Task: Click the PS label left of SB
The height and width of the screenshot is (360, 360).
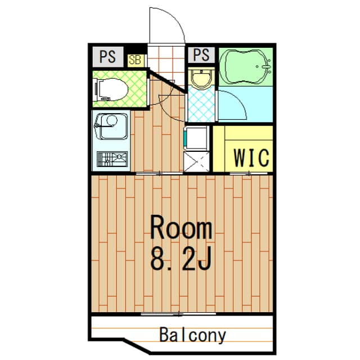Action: click(x=108, y=56)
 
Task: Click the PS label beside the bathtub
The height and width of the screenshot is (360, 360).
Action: click(x=201, y=55)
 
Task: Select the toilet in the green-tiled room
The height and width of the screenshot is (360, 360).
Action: click(x=111, y=89)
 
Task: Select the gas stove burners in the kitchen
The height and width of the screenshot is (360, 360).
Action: click(x=110, y=160)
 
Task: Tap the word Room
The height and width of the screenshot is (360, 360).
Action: click(x=182, y=229)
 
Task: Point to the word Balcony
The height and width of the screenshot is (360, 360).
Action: click(x=192, y=336)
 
